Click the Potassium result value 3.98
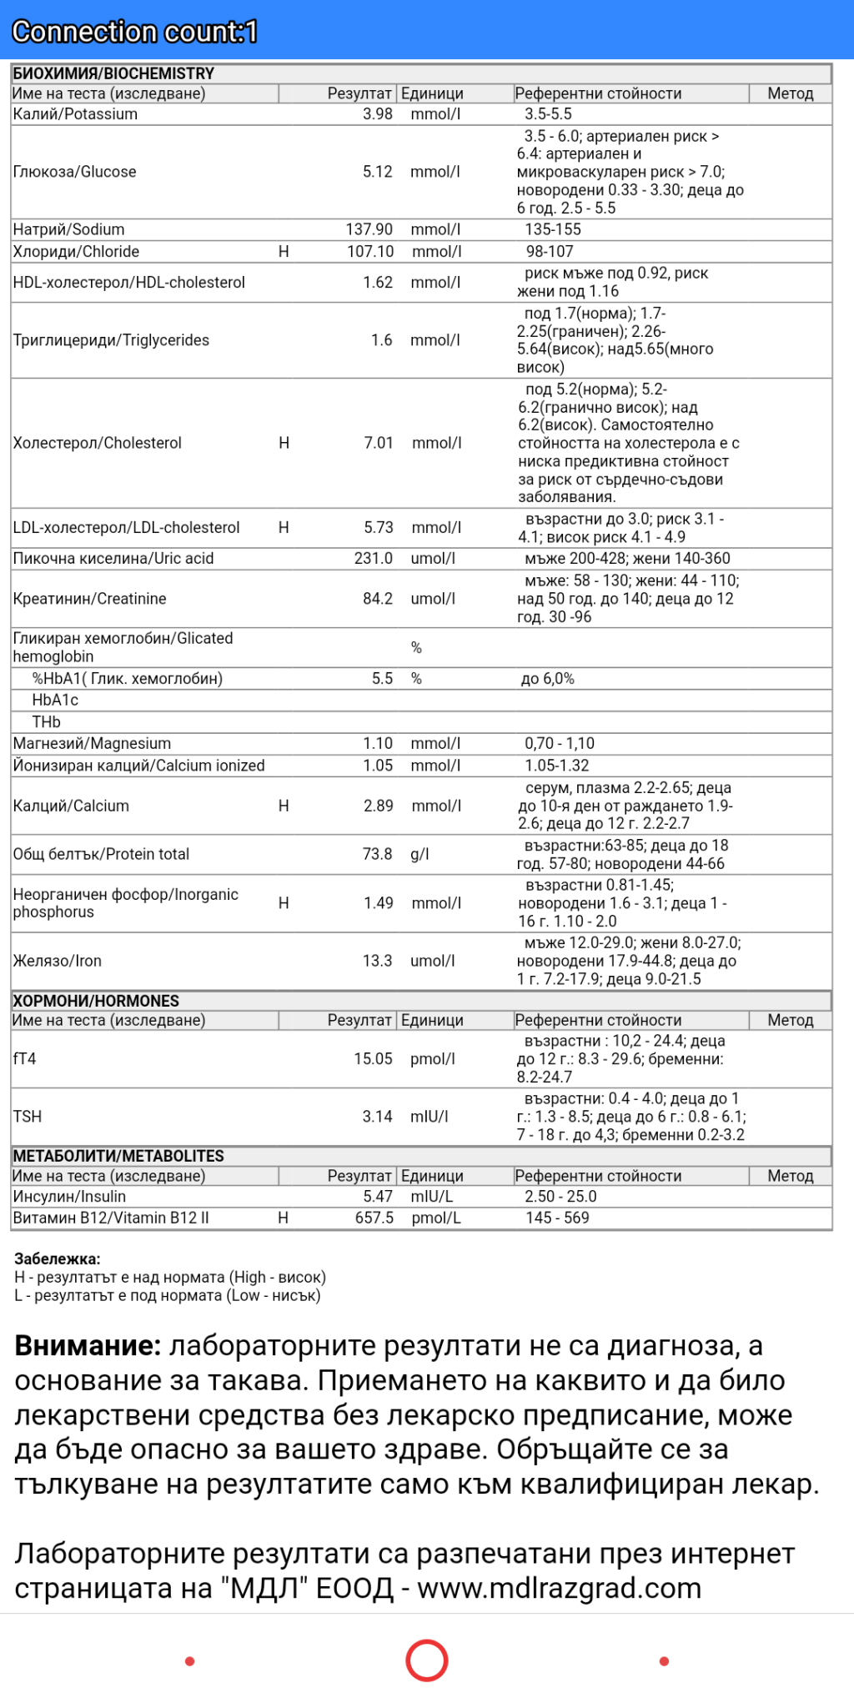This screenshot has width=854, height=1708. click(377, 114)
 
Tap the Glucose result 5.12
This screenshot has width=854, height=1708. click(377, 172)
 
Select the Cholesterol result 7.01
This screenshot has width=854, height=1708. click(378, 443)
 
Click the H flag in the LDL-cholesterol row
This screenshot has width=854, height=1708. click(284, 528)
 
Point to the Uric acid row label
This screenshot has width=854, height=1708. click(113, 559)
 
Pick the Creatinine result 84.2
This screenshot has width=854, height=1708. click(377, 599)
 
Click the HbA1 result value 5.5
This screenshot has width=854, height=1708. click(382, 679)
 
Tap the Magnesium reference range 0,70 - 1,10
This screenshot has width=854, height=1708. click(560, 744)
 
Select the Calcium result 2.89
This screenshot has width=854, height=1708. click(378, 806)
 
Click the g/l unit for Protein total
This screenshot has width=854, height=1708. click(419, 854)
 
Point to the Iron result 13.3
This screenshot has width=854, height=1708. click(377, 961)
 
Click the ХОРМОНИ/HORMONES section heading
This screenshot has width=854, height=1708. click(96, 1001)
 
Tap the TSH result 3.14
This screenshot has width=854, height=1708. click(377, 1117)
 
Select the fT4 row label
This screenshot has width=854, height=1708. click(25, 1059)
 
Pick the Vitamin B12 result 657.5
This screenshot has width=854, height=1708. click(374, 1218)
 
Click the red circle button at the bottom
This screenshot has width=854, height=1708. click(427, 1660)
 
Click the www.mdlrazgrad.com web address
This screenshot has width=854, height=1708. click(559, 1589)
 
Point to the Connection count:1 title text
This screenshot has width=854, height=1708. click(134, 32)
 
